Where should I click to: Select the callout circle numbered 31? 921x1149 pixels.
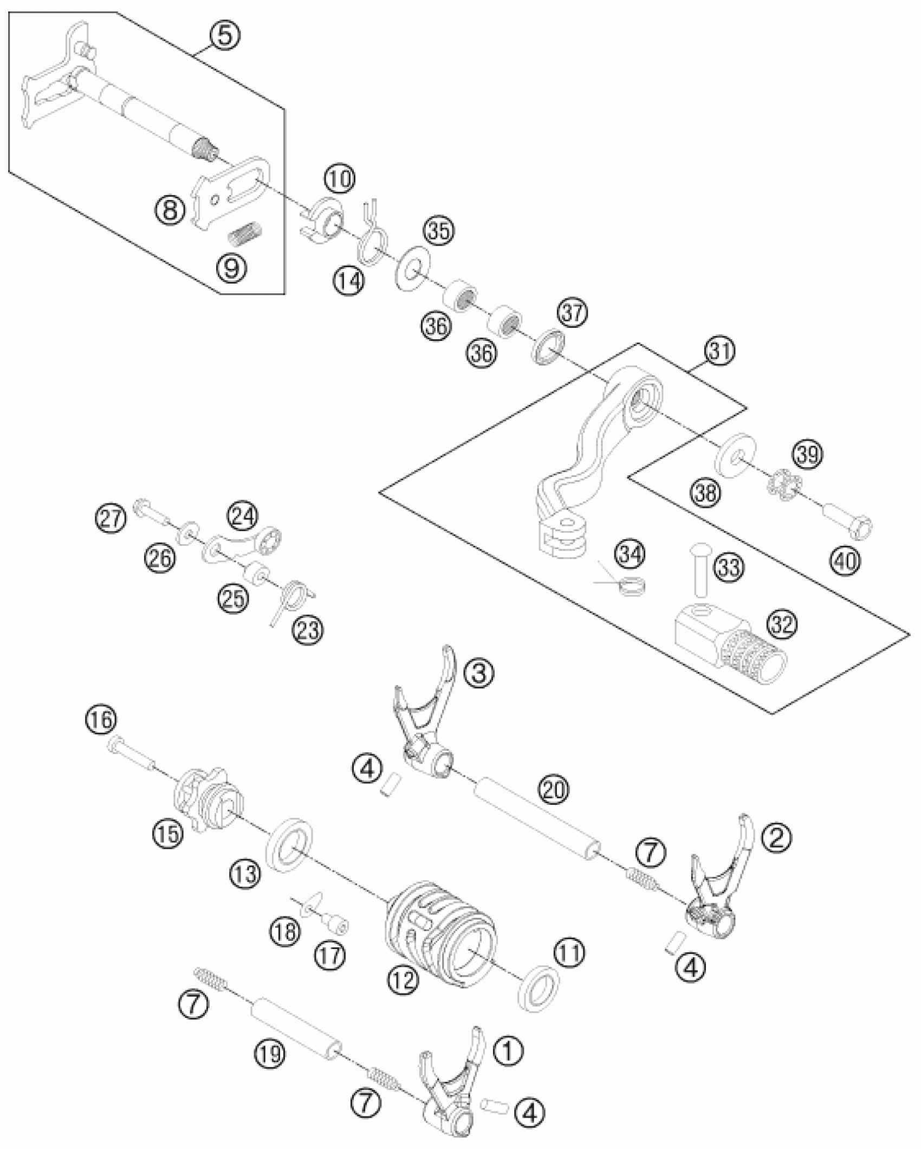point(720,351)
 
